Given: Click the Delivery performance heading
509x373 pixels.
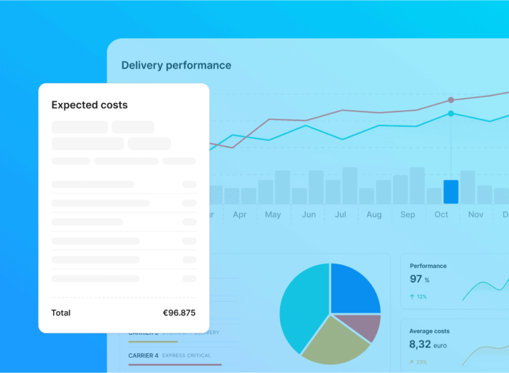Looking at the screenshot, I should pos(176,65).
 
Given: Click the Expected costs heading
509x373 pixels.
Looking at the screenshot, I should pos(89,105).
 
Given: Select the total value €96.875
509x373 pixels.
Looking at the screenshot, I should pos(179,313).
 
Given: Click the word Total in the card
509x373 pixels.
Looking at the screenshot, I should pos(61,313).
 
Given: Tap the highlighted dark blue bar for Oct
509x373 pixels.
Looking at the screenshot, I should pos(451,191).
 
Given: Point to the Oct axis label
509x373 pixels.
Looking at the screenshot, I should pos(441,214).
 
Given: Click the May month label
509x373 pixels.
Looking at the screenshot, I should pos(272,214).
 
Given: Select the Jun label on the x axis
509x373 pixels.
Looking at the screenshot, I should pos(309,214).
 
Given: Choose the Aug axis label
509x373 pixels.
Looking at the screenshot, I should pos(374,214).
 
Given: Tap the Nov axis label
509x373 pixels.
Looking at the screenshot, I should pos(476,214).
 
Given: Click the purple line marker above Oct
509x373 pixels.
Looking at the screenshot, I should pos(451,100).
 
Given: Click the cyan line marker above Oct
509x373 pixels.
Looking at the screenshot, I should pos(451,113).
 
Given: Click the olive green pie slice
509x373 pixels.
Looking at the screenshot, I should pos(335,338).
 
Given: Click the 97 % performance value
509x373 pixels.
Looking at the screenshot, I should pos(420,279).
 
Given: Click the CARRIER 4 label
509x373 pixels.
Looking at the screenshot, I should pos(143,355).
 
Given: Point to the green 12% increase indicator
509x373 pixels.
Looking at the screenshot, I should pos(418,297).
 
